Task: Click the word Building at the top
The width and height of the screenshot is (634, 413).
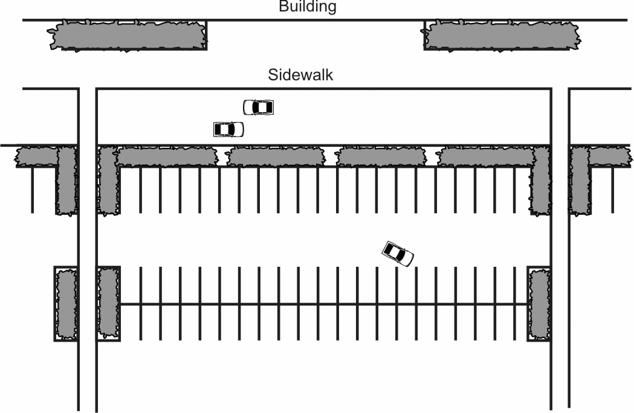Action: point(307,7)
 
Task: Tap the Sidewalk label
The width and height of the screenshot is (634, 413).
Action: point(300,75)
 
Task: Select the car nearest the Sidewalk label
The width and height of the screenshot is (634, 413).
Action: point(259,107)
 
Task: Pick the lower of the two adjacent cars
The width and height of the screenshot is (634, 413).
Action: point(228,129)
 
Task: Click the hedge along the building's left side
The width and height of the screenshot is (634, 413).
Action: point(128,36)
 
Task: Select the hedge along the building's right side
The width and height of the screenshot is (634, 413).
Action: point(502,36)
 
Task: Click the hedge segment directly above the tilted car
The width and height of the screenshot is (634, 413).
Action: point(381,156)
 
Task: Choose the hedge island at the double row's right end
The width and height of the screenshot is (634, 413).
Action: point(539,304)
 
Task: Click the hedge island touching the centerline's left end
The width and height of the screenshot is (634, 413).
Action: point(108,304)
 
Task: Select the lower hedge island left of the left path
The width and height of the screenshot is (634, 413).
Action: point(65,304)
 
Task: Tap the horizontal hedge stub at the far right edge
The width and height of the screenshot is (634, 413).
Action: point(610,156)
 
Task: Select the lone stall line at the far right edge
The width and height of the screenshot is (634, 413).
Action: point(613,190)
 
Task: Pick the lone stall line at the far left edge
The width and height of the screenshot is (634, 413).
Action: point(33,190)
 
